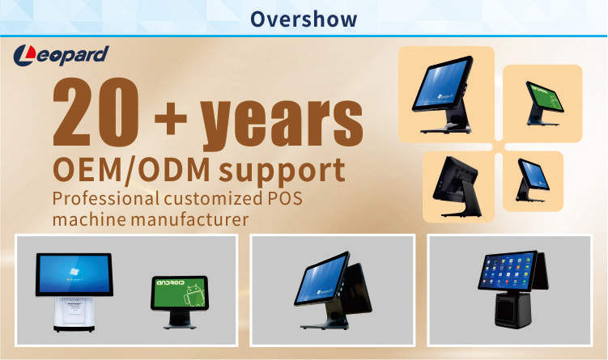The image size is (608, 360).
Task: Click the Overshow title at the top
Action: (304, 19)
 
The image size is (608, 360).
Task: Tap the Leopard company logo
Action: (61, 55)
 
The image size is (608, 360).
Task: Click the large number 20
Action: (96, 112)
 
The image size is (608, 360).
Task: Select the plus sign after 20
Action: (171, 118)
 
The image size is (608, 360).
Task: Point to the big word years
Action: (282, 124)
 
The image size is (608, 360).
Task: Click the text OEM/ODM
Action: (131, 171)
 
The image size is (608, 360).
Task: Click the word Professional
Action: (106, 198)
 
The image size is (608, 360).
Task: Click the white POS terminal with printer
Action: (74, 292)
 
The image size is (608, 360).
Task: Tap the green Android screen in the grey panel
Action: (180, 293)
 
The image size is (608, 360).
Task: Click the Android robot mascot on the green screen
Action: (195, 295)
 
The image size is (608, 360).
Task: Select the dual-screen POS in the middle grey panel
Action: (333, 290)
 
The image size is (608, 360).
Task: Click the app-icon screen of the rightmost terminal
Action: (507, 271)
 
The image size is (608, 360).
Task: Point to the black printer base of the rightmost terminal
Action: (512, 309)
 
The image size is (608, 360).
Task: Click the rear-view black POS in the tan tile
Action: (457, 186)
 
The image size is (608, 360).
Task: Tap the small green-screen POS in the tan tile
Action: (543, 103)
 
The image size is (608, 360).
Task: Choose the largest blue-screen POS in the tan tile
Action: (443, 95)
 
